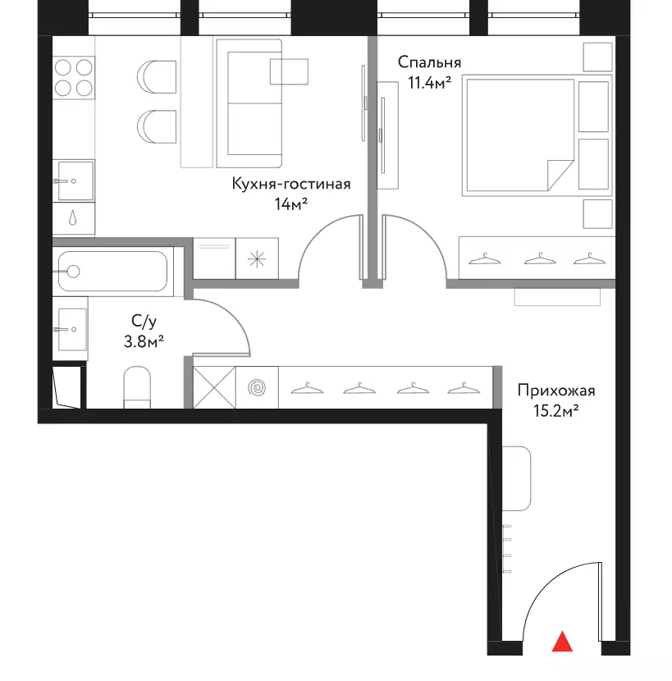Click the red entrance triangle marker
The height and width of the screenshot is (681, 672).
click(x=562, y=642)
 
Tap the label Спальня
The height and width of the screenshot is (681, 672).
click(x=429, y=62)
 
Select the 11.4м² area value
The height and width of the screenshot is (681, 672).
click(x=429, y=83)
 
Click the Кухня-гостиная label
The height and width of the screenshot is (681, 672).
click(x=291, y=184)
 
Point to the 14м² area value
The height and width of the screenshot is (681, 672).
click(x=291, y=203)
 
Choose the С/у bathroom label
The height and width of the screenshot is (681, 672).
click(x=144, y=322)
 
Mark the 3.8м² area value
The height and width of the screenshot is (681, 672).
click(x=144, y=342)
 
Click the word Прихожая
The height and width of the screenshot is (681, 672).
click(x=556, y=391)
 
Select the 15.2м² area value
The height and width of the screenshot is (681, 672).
click(x=556, y=410)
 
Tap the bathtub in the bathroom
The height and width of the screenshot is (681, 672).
click(x=113, y=272)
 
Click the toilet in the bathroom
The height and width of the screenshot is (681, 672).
click(x=137, y=387)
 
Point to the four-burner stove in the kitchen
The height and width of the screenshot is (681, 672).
click(x=73, y=78)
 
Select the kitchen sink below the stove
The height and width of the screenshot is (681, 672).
click(x=74, y=181)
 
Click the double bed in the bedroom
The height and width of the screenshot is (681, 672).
click(x=537, y=135)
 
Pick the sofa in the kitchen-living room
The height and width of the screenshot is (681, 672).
click(x=249, y=103)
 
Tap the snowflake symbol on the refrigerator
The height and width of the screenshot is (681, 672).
click(x=257, y=259)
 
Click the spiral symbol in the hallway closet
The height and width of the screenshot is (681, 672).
click(x=257, y=388)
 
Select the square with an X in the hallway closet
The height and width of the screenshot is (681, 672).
click(x=214, y=388)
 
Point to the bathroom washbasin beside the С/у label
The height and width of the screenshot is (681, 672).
click(x=71, y=329)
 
